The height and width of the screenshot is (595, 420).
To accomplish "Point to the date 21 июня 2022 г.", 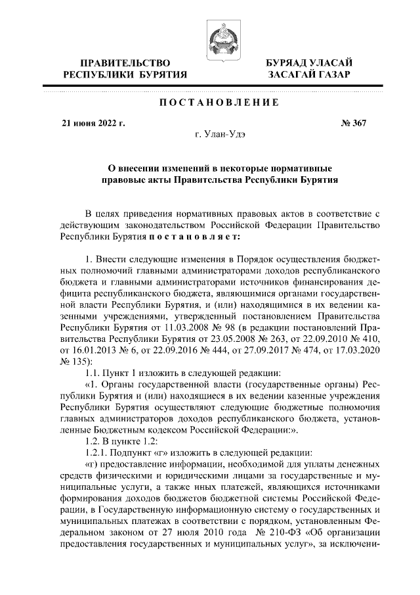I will click(x=93, y=123).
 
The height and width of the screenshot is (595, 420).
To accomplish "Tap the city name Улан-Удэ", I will click(x=220, y=134).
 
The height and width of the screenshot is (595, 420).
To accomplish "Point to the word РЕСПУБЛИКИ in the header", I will click(x=98, y=75).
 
